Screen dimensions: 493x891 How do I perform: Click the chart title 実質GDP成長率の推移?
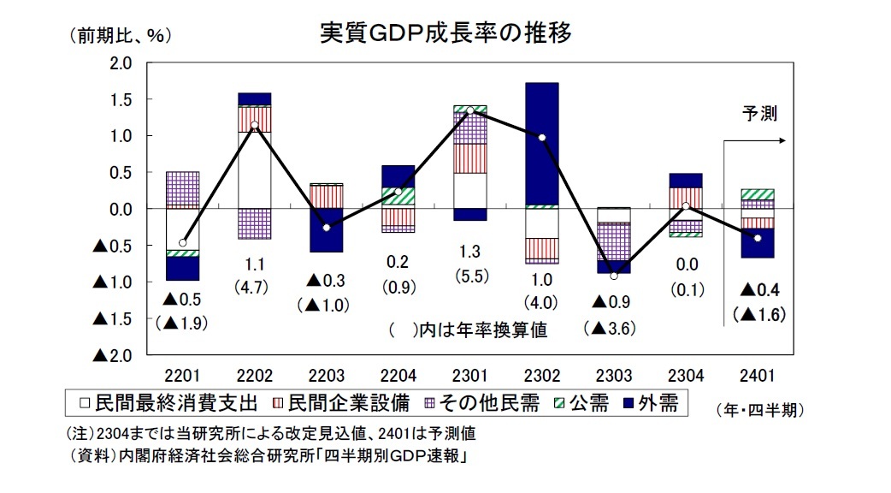pyautogui.click(x=445, y=33)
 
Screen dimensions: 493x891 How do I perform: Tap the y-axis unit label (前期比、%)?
pyautogui.click(x=115, y=35)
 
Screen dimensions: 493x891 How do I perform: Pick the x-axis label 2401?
pyautogui.click(x=757, y=375)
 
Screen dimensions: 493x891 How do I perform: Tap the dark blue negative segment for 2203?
pyautogui.click(x=327, y=230)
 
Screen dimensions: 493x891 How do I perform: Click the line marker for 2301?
pyautogui.click(x=470, y=110)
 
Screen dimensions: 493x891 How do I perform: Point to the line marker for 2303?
pyautogui.click(x=613, y=276)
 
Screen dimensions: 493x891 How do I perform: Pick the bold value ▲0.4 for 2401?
pyautogui.click(x=759, y=288)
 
